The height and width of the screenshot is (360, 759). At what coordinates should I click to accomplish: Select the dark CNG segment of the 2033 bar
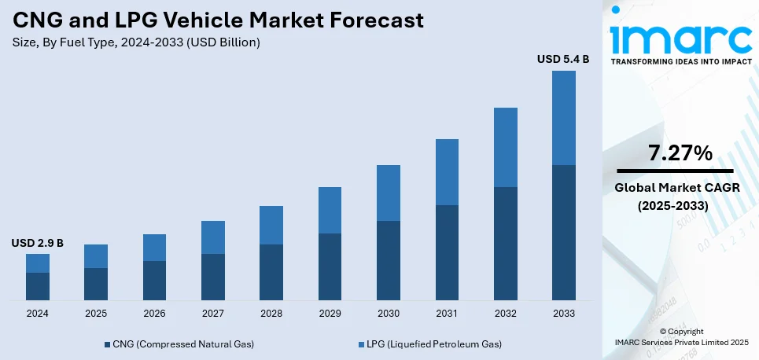click(563, 232)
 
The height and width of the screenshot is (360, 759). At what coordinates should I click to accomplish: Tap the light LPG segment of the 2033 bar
click(563, 118)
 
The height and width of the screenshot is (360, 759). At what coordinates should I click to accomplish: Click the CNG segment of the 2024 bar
click(38, 286)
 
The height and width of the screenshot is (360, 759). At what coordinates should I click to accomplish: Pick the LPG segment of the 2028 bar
click(271, 225)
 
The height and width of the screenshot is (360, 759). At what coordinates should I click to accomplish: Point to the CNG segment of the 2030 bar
click(389, 260)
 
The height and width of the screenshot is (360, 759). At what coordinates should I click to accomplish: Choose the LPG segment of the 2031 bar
click(447, 172)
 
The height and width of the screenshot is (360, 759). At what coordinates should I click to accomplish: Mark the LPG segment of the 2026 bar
click(154, 248)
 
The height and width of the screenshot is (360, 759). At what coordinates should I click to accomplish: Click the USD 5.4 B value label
click(562, 59)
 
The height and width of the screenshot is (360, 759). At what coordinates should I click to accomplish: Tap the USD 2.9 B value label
click(37, 243)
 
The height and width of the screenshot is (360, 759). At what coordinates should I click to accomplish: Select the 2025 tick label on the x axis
click(96, 313)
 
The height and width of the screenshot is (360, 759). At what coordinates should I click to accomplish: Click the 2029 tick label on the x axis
click(330, 313)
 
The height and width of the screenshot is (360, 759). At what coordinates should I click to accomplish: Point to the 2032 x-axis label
click(505, 313)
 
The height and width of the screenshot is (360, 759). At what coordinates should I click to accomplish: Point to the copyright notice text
click(681, 336)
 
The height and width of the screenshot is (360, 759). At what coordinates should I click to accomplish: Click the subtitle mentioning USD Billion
click(135, 42)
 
